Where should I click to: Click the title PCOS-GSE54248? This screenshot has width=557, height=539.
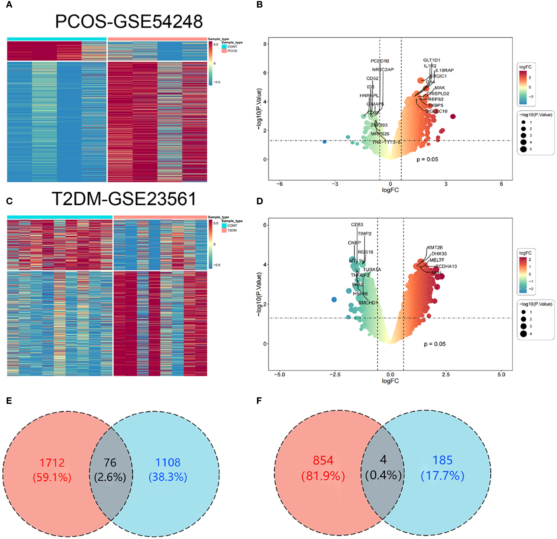click(x=129, y=21)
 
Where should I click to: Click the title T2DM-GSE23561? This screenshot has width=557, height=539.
click(x=124, y=199)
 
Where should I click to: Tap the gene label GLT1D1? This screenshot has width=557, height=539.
click(x=431, y=60)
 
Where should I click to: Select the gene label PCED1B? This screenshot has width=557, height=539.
click(x=380, y=61)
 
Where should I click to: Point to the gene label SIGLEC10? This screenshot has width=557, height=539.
click(x=436, y=111)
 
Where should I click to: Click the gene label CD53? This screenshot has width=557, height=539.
click(x=357, y=225)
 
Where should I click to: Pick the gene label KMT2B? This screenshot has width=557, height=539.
click(x=435, y=248)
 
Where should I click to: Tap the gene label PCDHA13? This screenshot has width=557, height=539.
click(x=446, y=266)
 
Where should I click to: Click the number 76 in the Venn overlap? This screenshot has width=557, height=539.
click(x=110, y=463)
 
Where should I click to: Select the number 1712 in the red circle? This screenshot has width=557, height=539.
click(x=52, y=463)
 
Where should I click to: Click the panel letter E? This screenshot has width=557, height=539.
click(x=9, y=401)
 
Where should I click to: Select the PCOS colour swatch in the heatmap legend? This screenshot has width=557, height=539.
click(x=224, y=51)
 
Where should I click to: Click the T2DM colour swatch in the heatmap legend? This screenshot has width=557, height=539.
click(x=224, y=230)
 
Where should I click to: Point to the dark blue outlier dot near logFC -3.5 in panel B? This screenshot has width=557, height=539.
click(x=325, y=141)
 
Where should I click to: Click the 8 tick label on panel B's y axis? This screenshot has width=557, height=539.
click(x=265, y=44)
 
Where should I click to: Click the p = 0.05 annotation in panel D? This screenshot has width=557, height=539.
click(x=435, y=344)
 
